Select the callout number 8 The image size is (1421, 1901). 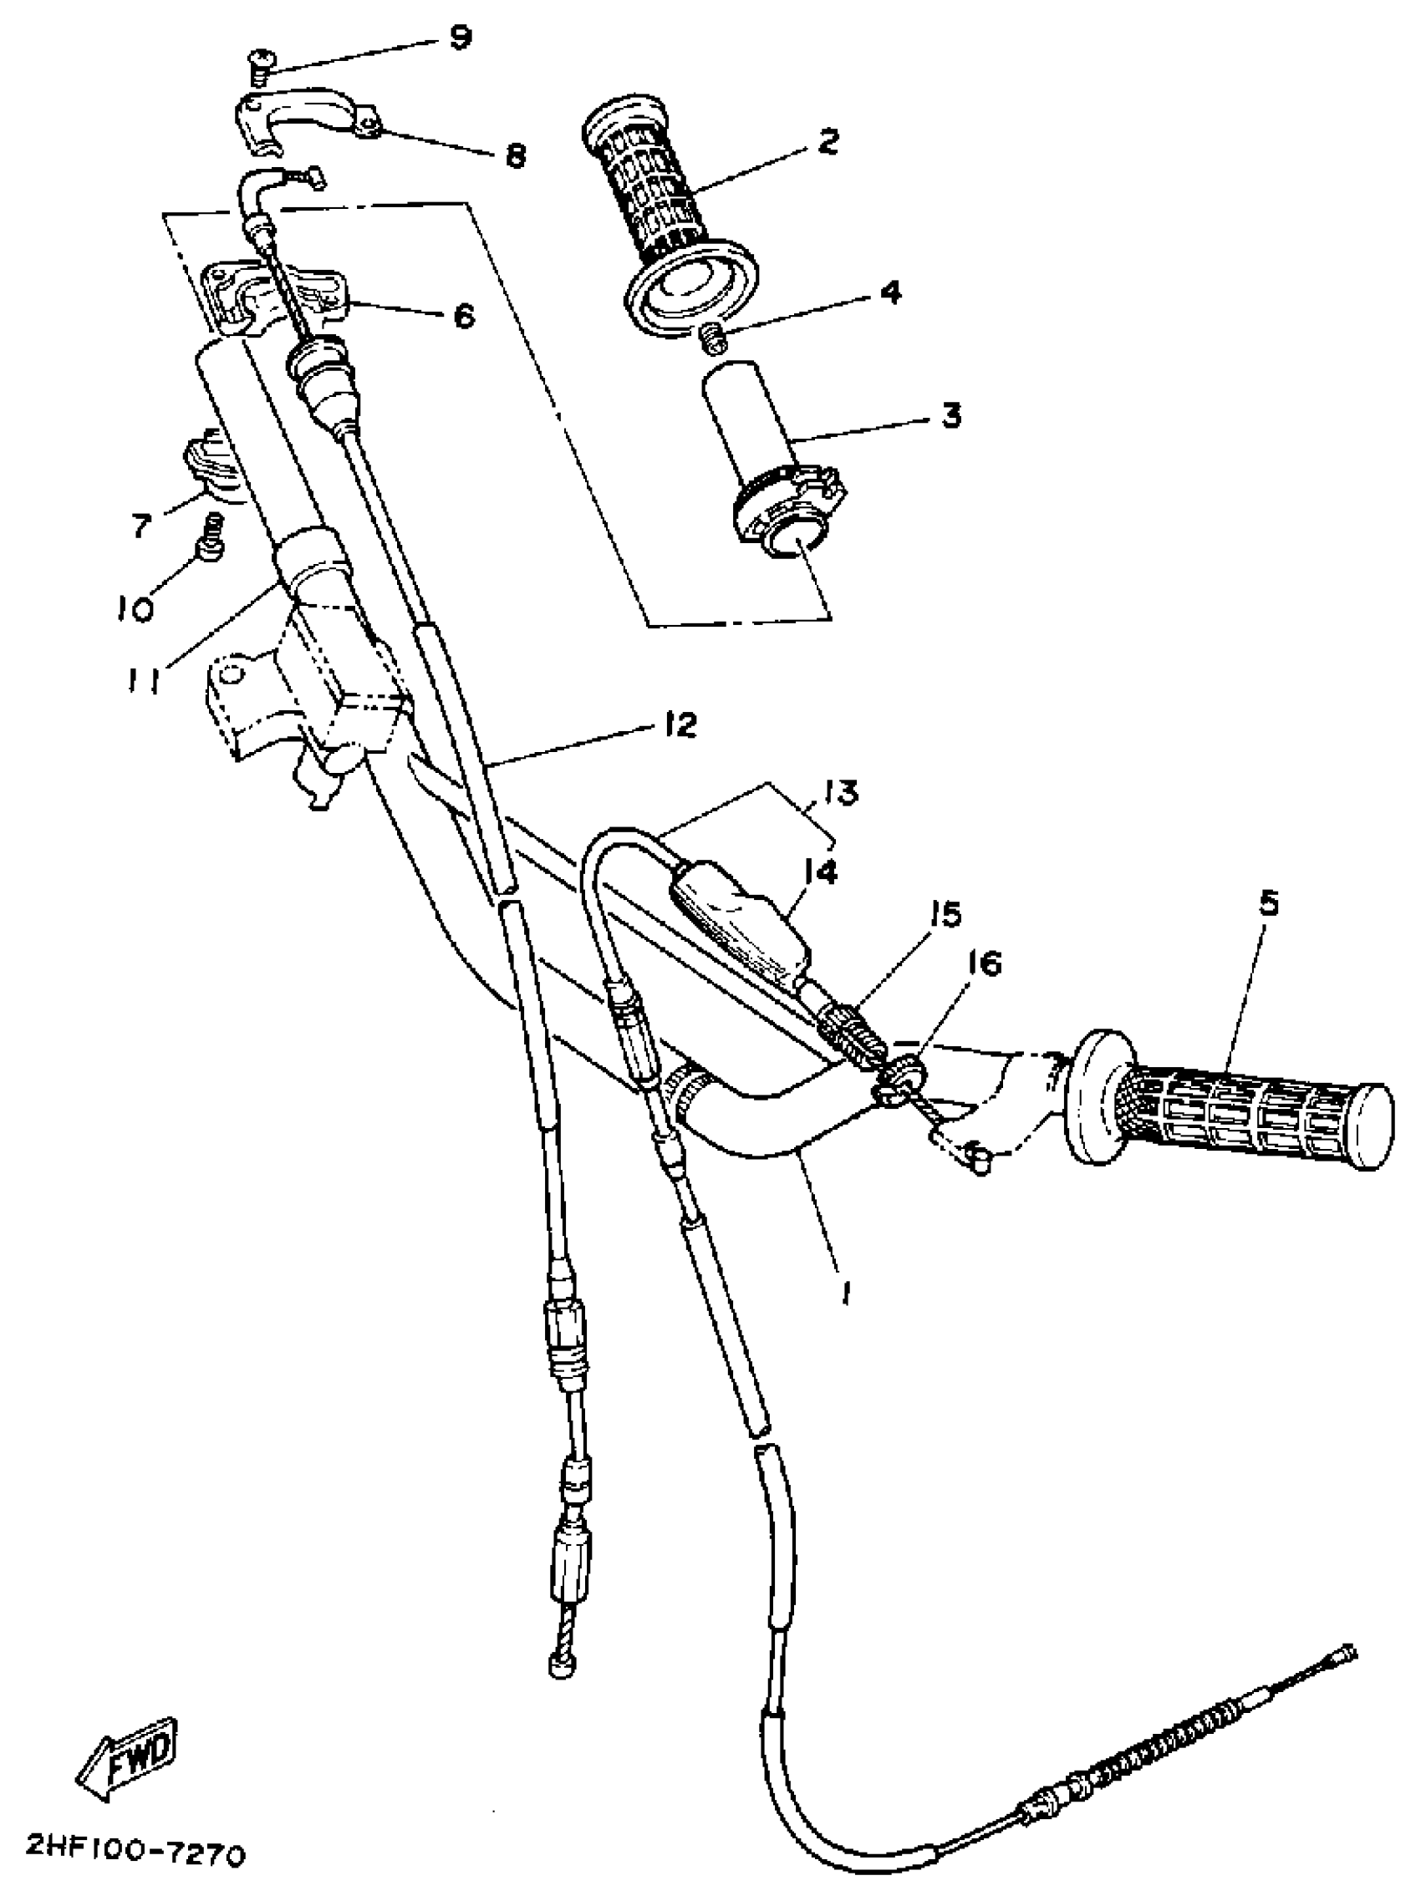515,156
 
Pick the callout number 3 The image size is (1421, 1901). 950,416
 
